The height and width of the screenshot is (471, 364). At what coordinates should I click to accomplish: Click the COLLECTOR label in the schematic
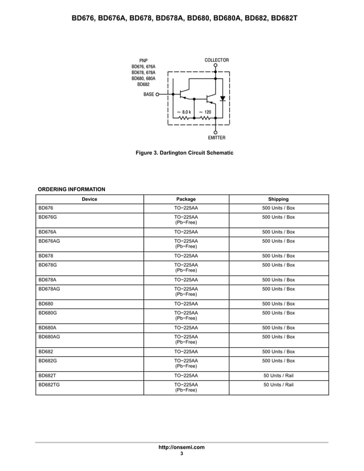point(216,60)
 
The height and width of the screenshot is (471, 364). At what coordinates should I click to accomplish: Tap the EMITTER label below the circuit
point(216,138)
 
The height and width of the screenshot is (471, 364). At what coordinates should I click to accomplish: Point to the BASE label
point(149,94)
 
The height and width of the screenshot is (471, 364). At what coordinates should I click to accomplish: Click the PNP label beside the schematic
point(144,60)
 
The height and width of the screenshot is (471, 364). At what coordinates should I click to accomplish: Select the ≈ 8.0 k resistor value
point(184,112)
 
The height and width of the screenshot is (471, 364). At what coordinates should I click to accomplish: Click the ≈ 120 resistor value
point(205,112)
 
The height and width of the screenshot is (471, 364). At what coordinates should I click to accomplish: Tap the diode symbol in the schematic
point(223,98)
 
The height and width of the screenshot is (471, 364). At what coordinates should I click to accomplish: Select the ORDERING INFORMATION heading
point(71,189)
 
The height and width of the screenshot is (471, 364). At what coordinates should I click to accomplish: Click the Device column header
point(90,199)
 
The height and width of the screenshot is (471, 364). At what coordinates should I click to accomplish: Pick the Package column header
point(186,199)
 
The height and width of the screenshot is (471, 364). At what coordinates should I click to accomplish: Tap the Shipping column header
point(278,199)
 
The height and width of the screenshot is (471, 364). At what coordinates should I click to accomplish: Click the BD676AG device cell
point(49,241)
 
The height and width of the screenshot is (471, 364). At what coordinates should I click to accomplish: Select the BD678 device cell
point(46,256)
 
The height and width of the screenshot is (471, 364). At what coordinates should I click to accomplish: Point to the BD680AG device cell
point(49,337)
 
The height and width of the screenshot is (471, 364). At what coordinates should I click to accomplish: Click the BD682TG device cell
point(48,385)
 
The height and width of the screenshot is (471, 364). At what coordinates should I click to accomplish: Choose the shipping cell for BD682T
point(278,376)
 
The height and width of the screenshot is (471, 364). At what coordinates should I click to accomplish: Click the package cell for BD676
point(186,208)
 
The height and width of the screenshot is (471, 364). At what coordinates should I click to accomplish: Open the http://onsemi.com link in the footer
point(181,448)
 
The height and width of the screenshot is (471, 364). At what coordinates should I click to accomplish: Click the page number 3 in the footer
point(181,454)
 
